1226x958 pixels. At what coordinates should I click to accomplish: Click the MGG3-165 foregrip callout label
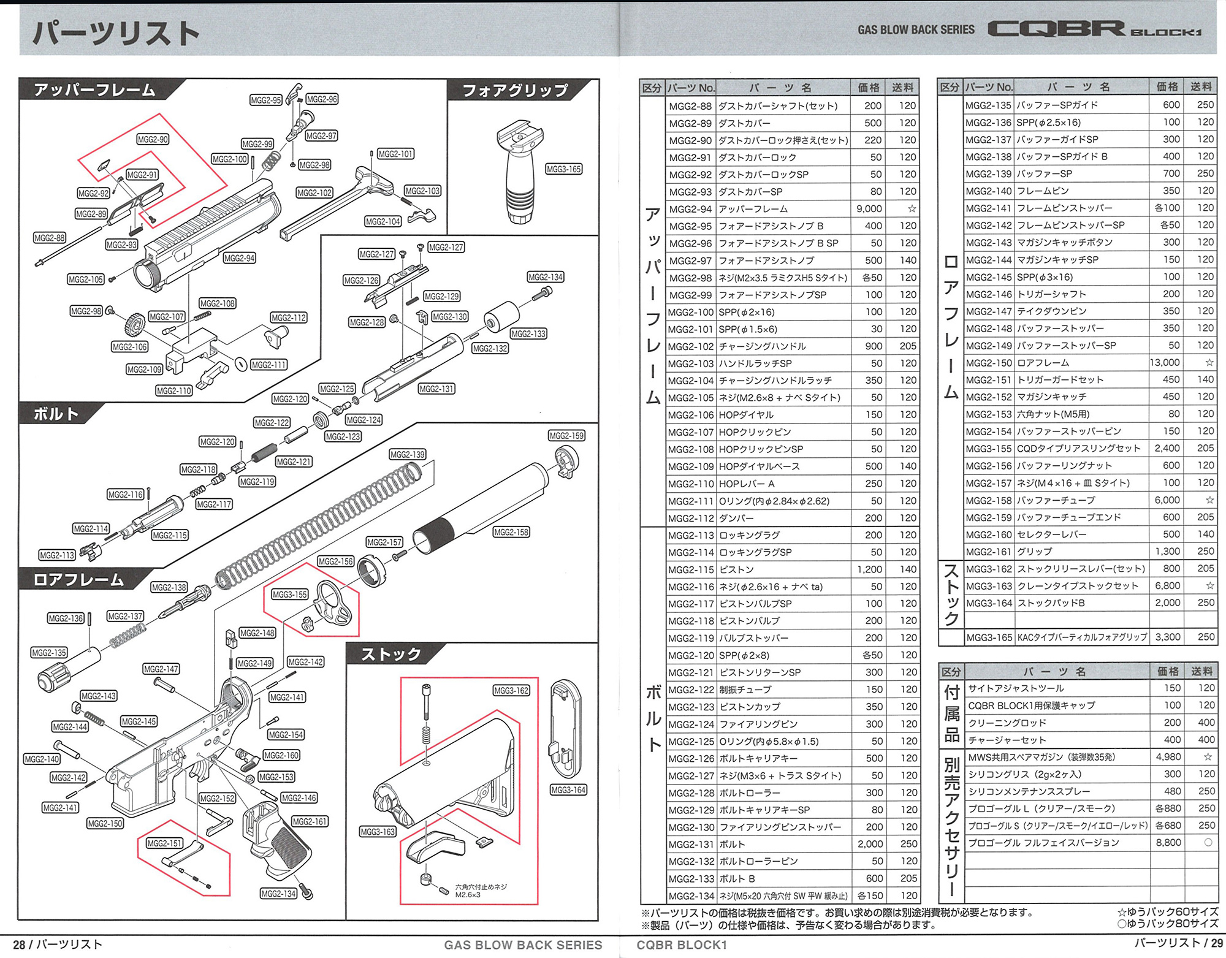[563, 169]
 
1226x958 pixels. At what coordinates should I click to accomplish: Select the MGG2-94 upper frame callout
[239, 258]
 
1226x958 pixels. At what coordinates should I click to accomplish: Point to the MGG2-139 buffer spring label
[408, 455]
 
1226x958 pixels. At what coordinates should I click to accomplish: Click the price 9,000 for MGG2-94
[869, 209]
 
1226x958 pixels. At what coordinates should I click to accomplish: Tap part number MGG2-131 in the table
[690, 845]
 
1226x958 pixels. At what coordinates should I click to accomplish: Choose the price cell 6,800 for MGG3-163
[1168, 586]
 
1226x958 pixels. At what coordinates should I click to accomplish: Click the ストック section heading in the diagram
[390, 655]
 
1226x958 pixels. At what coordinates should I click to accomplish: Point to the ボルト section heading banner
[56, 414]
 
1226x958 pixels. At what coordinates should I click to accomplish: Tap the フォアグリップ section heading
[515, 91]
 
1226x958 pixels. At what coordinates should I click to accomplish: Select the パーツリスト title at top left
[116, 33]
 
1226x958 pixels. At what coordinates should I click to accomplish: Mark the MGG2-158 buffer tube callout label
[511, 532]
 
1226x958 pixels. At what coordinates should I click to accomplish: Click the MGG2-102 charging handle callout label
[314, 193]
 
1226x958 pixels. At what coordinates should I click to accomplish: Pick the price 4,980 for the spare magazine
[1168, 757]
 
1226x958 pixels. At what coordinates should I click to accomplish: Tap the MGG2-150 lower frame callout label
[105, 824]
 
